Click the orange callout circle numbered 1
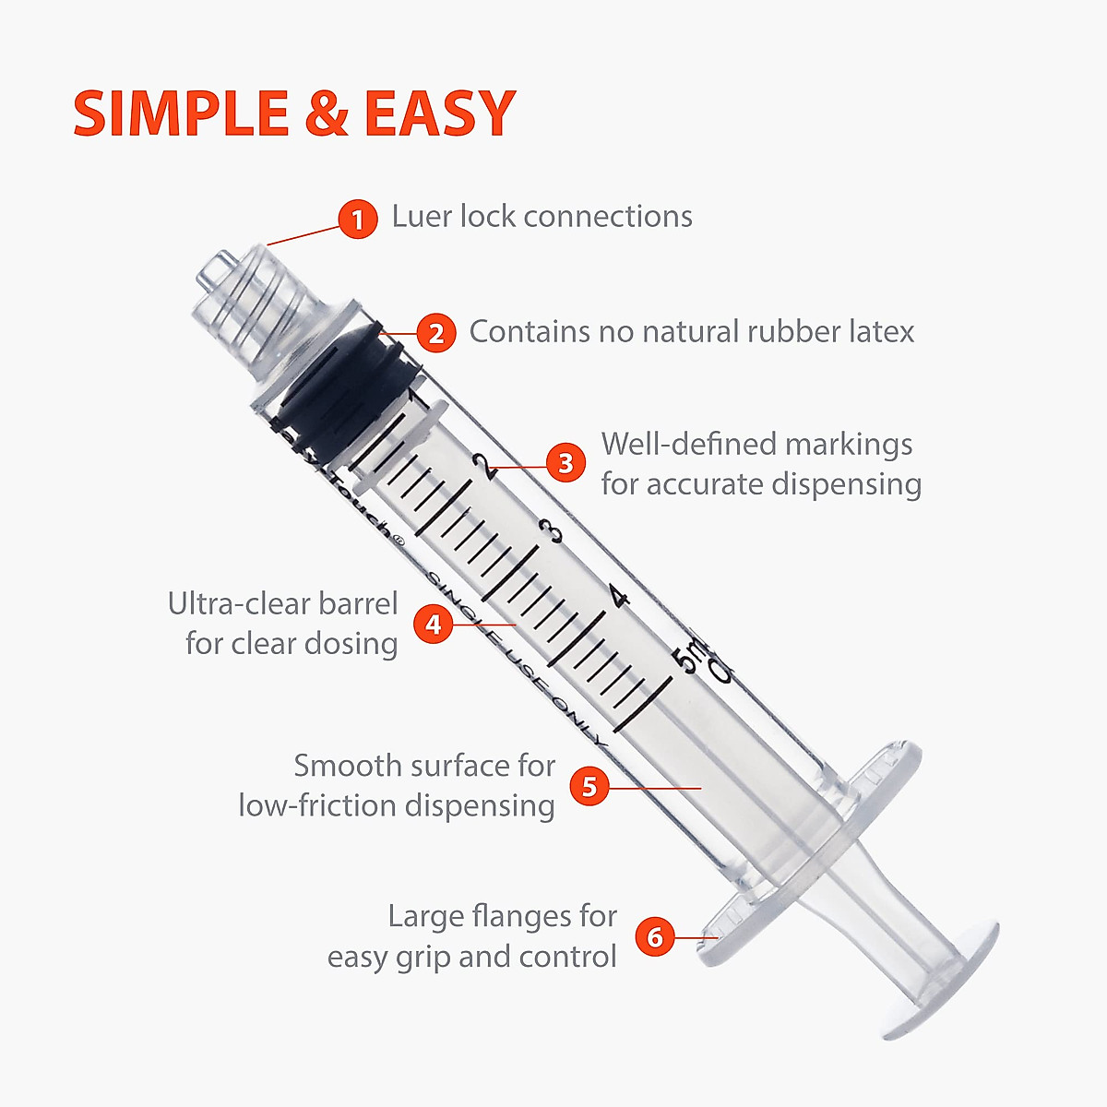(357, 220)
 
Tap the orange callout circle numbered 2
(435, 332)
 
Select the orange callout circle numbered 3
(566, 462)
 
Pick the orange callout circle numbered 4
(433, 625)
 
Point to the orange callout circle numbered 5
(589, 787)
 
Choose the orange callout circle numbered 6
(655, 937)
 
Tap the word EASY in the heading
(439, 114)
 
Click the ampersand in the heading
(326, 114)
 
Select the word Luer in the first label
(422, 217)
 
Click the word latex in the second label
(881, 331)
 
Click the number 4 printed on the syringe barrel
(618, 598)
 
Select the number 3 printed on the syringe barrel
(552, 532)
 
